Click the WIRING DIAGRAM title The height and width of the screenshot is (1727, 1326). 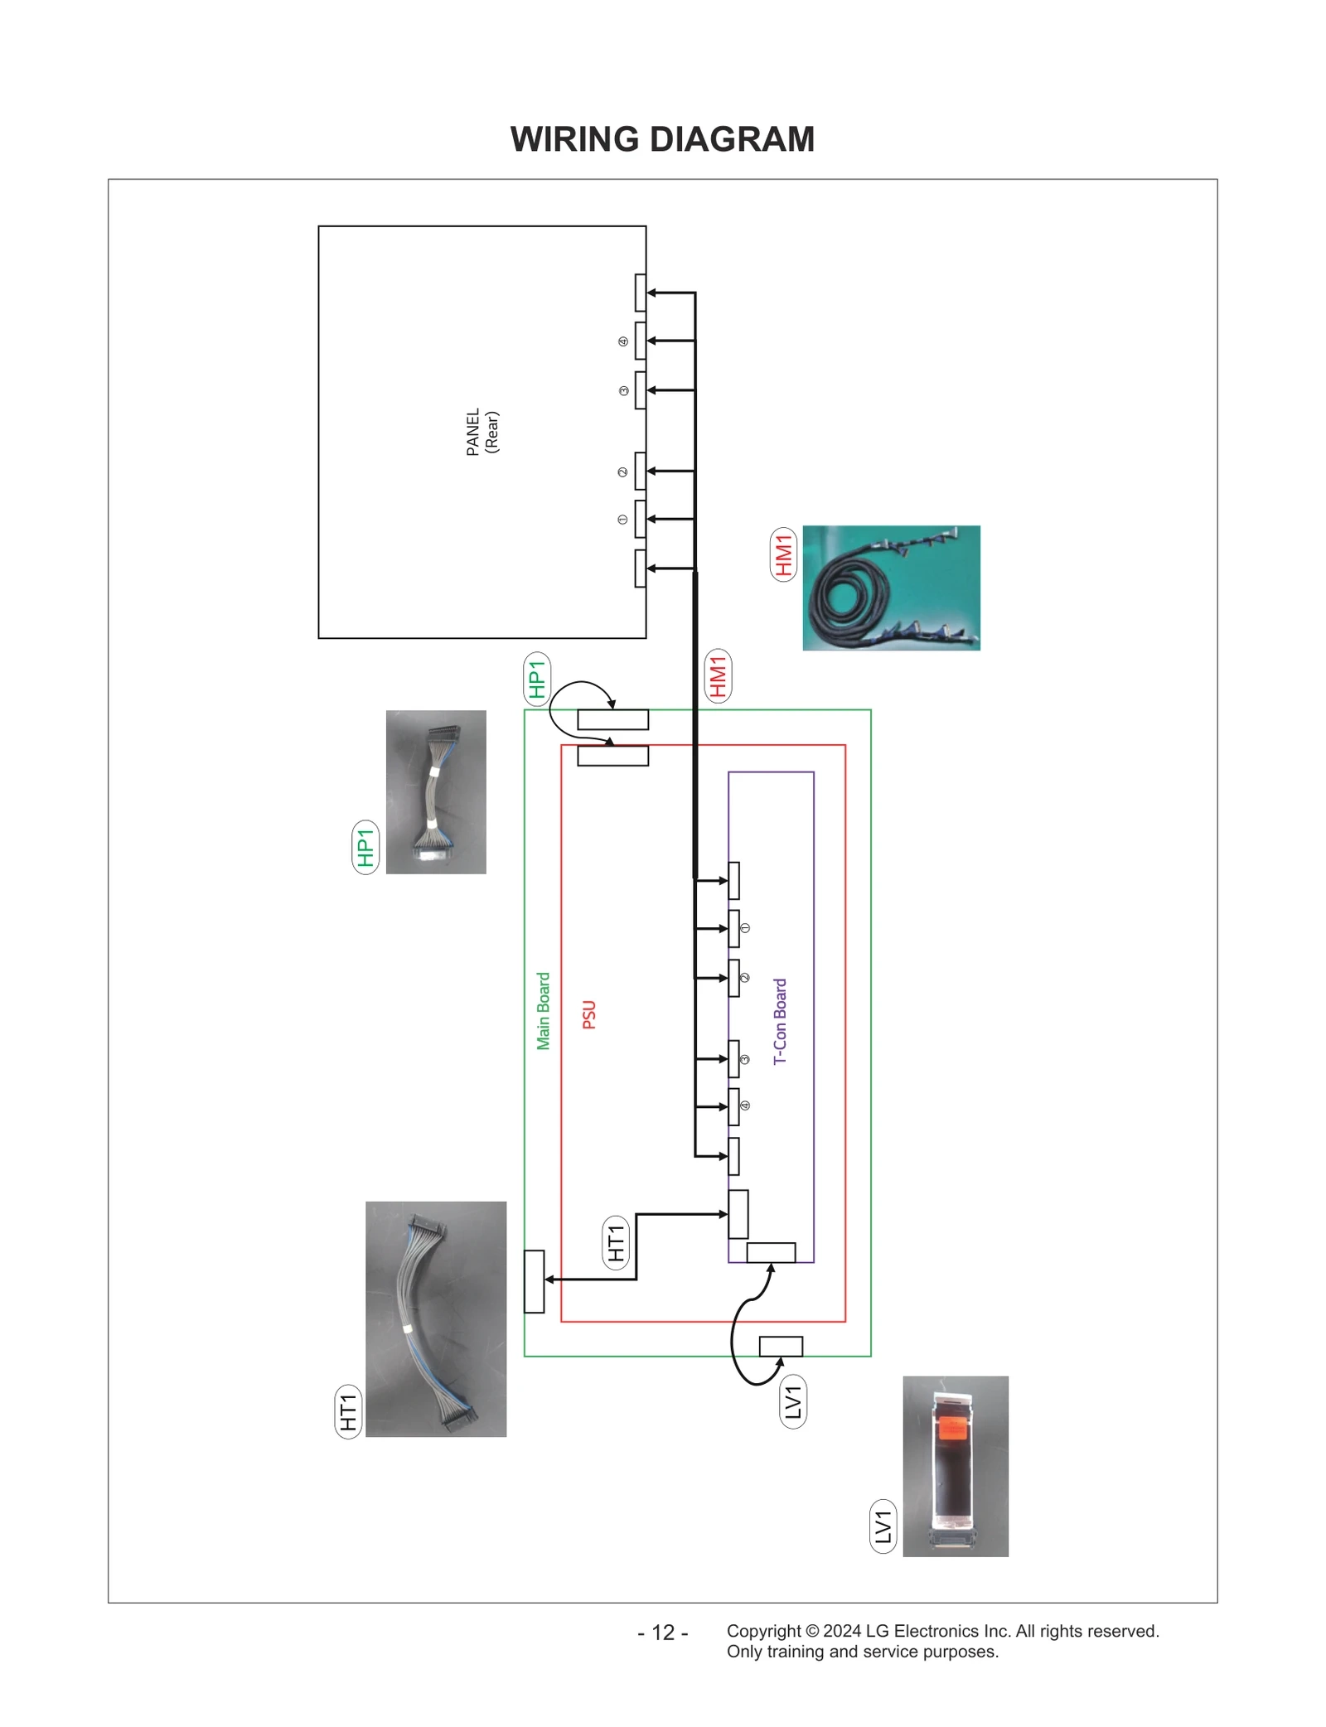(x=662, y=139)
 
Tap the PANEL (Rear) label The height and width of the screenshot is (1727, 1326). (x=482, y=432)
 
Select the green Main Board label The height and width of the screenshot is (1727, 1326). (x=543, y=1010)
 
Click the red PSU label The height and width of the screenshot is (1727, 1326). (x=589, y=1014)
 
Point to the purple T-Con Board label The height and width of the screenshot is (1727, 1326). (x=780, y=1021)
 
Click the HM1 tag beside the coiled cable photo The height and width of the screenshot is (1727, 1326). (x=783, y=554)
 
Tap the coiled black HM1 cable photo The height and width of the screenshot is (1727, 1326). (x=890, y=588)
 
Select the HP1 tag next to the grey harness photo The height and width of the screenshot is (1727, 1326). (x=365, y=847)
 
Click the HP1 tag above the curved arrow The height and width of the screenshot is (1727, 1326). (x=537, y=679)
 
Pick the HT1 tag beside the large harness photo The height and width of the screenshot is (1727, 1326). (x=348, y=1411)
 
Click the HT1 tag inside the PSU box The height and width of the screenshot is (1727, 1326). (x=615, y=1243)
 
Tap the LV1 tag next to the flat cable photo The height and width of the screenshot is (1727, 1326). (x=883, y=1526)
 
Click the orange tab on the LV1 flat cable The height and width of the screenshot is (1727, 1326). (x=953, y=1429)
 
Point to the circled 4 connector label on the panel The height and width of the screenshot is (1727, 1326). (x=623, y=341)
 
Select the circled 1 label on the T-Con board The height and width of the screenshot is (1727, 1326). (x=744, y=928)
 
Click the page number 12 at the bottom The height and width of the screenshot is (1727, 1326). (x=663, y=1633)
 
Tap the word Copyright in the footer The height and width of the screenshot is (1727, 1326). (x=762, y=1631)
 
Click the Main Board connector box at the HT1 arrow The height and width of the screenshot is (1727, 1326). (x=534, y=1281)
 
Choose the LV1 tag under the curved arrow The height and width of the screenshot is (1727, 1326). (x=793, y=1401)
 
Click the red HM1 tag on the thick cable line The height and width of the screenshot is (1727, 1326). (x=717, y=675)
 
